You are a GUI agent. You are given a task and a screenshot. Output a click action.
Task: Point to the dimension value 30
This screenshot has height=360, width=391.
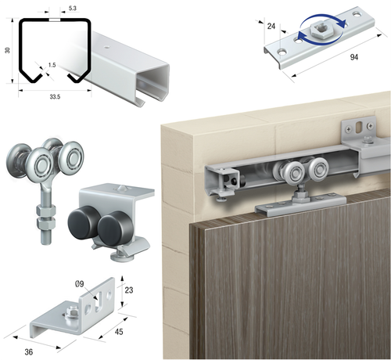pos(8,51)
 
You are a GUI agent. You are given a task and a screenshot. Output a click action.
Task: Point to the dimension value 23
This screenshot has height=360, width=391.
pos(130,292)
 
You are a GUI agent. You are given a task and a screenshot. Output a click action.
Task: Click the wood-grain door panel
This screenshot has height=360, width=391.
pos(297,282)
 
